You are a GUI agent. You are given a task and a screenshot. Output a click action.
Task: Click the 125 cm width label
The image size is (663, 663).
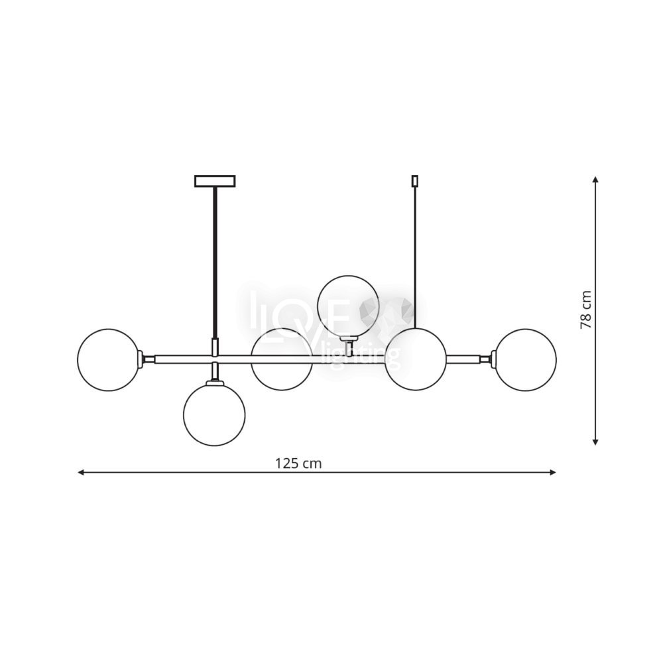[x=298, y=464]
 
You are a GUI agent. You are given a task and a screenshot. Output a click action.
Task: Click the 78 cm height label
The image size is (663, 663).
[x=585, y=310]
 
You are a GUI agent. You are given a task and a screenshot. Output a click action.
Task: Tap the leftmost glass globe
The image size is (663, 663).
[x=109, y=360]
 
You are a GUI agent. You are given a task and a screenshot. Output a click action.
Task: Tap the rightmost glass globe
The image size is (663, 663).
[x=526, y=360]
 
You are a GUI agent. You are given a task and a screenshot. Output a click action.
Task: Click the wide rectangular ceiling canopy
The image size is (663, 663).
[x=215, y=181]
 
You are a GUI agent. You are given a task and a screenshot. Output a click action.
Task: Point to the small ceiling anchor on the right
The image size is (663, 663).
[x=415, y=181]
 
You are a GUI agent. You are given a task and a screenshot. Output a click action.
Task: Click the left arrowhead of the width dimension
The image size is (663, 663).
[x=81, y=472]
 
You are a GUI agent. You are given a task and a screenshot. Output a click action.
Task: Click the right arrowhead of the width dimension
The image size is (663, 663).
[x=553, y=472]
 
